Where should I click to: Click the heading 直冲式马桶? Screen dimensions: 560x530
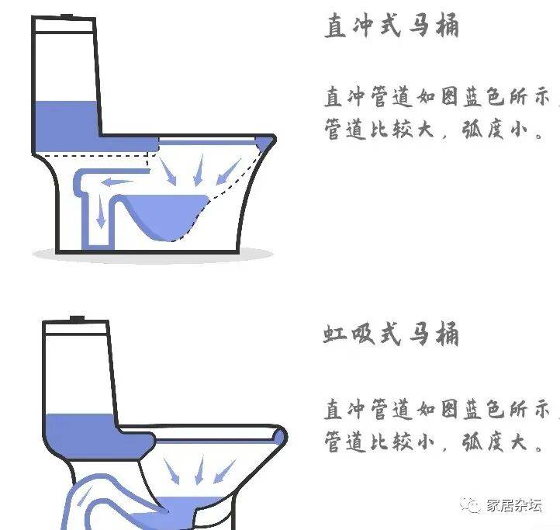392,25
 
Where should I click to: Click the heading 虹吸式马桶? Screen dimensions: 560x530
391,334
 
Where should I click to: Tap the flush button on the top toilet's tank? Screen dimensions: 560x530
67,16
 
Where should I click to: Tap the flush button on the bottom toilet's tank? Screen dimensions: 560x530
77,319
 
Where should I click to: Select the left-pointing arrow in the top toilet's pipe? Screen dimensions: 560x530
117,182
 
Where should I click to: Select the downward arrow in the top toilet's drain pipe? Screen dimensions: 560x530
101,213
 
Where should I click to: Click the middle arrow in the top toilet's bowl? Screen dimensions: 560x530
199,170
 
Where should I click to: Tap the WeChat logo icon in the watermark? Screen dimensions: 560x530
470,504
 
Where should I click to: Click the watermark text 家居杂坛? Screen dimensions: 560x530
514,505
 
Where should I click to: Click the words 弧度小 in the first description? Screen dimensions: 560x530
495,129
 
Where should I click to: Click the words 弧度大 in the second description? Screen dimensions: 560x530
495,442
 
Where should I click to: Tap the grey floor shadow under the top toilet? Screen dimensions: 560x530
153,255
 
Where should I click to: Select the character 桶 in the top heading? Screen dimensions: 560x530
447,25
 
